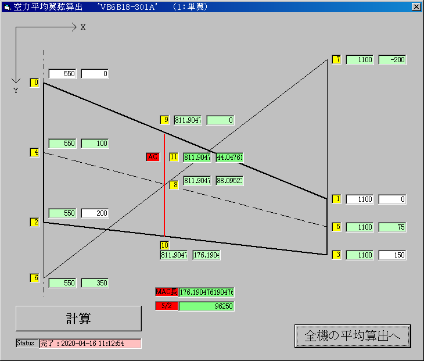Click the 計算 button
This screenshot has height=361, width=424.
pos(78,319)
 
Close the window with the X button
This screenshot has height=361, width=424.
pos(416,7)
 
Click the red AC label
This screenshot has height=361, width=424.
pos(153,157)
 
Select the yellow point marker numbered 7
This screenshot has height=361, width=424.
pos(336,59)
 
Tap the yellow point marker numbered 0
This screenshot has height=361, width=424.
pos(35,83)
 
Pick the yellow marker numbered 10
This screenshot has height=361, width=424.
pos(164,245)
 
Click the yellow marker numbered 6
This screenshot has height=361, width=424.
pos(35,278)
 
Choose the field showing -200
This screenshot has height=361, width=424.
pos(392,59)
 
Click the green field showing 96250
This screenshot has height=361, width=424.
pos(206,306)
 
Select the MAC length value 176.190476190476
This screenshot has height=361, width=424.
pos(206,292)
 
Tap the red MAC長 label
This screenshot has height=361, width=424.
pos(166,292)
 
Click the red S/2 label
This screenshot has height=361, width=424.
pos(166,306)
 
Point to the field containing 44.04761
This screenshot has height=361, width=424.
pos(229,157)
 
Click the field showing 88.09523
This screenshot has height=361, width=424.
pos(229,180)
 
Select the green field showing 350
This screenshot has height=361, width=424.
pos(95,283)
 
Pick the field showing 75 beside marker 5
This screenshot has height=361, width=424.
pos(392,227)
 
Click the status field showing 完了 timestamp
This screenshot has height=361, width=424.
pos(90,344)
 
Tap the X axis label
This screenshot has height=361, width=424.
pos(83,27)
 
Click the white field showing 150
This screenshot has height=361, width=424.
pos(392,255)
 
